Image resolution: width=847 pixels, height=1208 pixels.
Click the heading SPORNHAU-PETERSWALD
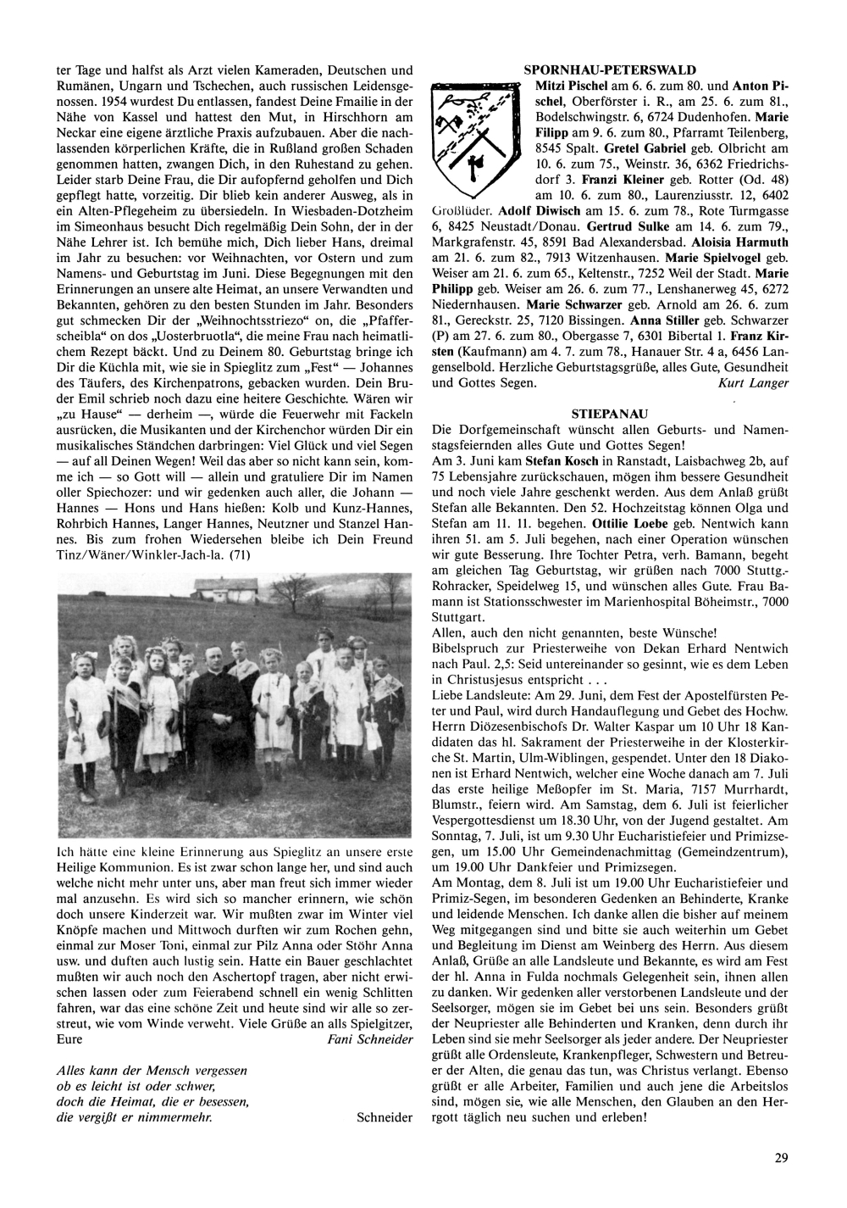click(x=610, y=70)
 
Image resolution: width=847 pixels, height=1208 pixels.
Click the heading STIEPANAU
click(x=610, y=414)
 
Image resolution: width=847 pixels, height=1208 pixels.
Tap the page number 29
click(x=780, y=1155)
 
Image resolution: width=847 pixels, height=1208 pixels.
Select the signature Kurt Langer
click(x=753, y=383)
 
